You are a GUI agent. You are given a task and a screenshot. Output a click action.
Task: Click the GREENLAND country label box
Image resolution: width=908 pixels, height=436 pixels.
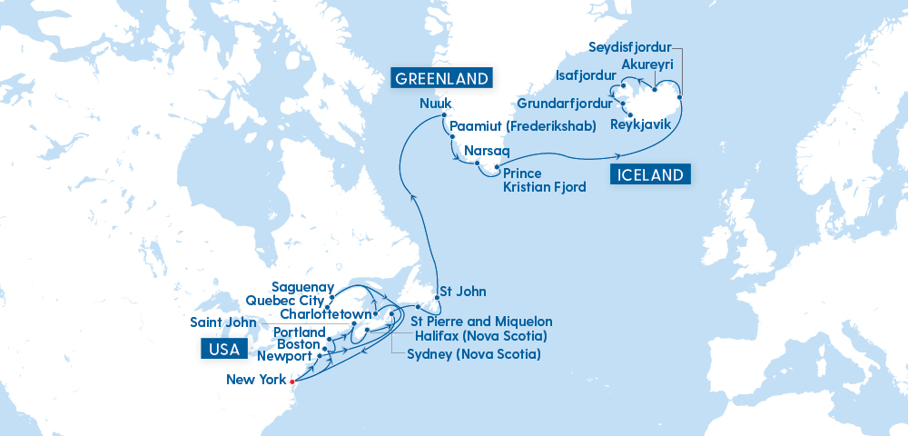pyautogui.click(x=441, y=77)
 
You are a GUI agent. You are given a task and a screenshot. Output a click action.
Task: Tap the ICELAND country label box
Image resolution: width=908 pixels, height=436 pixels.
pyautogui.click(x=649, y=175)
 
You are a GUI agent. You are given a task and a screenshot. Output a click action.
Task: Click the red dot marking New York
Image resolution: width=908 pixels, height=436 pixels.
pyautogui.click(x=291, y=380)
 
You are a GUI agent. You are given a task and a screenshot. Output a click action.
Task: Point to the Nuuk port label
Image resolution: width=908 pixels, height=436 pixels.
pyautogui.click(x=436, y=104)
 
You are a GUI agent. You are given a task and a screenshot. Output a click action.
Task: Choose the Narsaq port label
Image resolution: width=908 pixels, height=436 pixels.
pyautogui.click(x=487, y=150)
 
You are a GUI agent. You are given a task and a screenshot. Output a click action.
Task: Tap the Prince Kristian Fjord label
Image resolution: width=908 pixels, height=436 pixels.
pyautogui.click(x=543, y=180)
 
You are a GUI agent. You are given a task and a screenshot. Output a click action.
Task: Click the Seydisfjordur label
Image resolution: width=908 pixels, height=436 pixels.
pyautogui.click(x=630, y=46)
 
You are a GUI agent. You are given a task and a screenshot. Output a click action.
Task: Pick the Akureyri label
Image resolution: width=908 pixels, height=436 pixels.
pyautogui.click(x=647, y=65)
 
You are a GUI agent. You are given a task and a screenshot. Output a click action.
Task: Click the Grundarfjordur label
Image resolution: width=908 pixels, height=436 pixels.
pyautogui.click(x=564, y=104)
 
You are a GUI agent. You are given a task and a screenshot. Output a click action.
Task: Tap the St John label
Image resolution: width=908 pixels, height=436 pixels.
pyautogui.click(x=462, y=292)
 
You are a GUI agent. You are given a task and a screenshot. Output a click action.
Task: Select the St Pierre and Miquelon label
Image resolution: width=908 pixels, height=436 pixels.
pyautogui.click(x=481, y=322)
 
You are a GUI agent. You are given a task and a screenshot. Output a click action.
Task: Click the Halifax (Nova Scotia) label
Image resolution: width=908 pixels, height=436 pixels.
pyautogui.click(x=479, y=337)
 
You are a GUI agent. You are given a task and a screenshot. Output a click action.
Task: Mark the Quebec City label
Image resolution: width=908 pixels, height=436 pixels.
pyautogui.click(x=285, y=302)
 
